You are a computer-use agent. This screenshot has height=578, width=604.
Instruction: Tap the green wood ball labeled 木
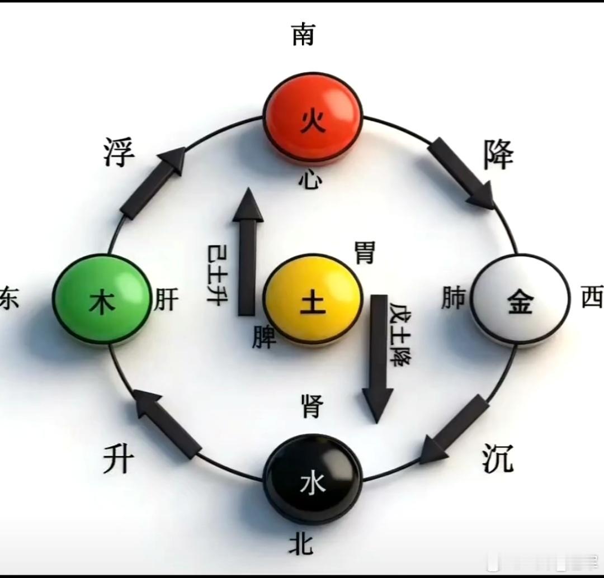(x=102, y=300)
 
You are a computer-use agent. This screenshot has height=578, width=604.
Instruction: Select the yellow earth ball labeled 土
(x=313, y=299)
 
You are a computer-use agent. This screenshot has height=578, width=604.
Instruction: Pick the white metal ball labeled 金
(x=520, y=301)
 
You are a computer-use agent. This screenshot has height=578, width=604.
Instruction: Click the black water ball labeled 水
(x=313, y=482)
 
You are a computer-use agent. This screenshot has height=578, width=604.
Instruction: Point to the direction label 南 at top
(x=303, y=35)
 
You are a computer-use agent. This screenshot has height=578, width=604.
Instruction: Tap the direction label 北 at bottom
(x=300, y=543)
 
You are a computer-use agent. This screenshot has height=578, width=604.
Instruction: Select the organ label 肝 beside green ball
(x=167, y=301)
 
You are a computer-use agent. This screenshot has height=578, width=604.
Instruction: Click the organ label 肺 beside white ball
(x=453, y=299)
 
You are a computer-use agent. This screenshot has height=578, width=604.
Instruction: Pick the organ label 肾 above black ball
(x=312, y=406)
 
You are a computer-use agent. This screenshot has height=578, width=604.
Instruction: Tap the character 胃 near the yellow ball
(x=365, y=253)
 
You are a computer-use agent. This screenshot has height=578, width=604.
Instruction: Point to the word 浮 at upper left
(x=119, y=152)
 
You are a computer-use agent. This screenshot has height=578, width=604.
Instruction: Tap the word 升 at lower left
(x=119, y=461)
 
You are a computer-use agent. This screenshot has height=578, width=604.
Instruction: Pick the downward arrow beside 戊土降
(x=378, y=358)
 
